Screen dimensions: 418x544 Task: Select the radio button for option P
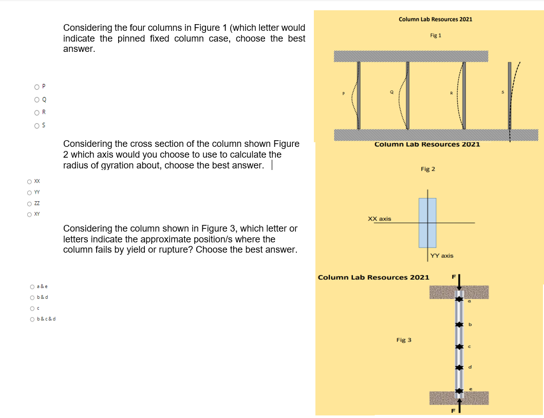(x=36, y=86)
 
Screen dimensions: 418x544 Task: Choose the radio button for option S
(x=36, y=125)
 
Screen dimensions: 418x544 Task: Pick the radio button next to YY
(x=30, y=193)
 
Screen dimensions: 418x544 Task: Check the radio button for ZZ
(x=30, y=203)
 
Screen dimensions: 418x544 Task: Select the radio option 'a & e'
(x=32, y=287)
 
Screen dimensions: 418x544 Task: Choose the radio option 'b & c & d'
(x=32, y=319)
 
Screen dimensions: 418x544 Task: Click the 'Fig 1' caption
(x=436, y=35)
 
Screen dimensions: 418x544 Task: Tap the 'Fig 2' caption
(x=428, y=169)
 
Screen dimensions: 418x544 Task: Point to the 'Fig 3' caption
(x=404, y=340)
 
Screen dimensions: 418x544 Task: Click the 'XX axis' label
(x=380, y=219)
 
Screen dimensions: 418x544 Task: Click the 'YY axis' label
(x=442, y=255)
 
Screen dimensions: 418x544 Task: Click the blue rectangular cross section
(x=427, y=223)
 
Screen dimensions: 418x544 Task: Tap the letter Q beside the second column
(x=391, y=92)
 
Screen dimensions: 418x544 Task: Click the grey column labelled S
(x=510, y=98)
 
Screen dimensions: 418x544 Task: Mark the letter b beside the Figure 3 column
(x=470, y=325)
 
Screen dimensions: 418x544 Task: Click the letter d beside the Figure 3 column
(x=470, y=367)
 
